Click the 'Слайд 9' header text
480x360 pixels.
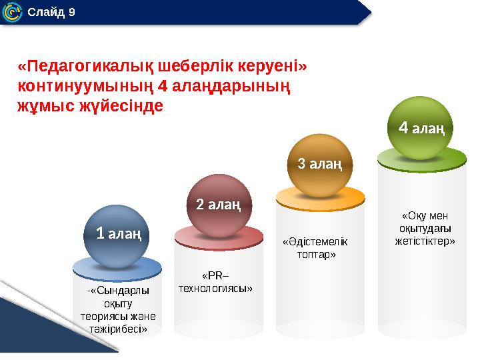click(x=51, y=12)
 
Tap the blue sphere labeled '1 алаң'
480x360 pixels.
click(x=117, y=235)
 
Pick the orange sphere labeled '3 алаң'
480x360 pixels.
click(x=319, y=165)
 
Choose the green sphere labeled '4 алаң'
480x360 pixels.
click(x=421, y=127)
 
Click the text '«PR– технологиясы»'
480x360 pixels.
click(x=215, y=282)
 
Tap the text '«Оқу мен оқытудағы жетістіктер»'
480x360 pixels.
click(x=425, y=228)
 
